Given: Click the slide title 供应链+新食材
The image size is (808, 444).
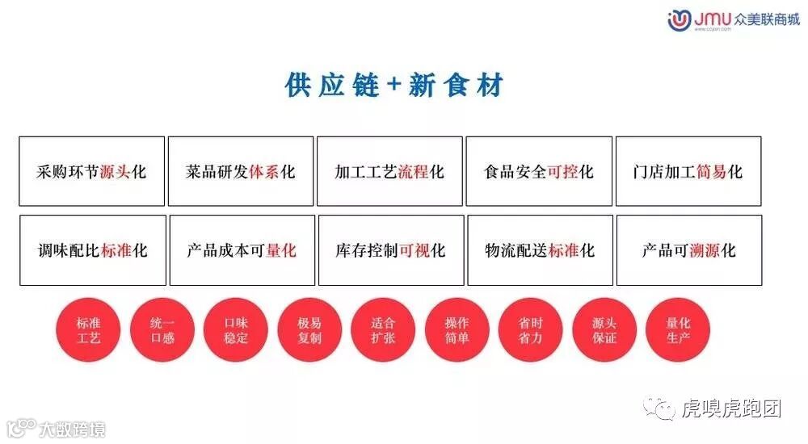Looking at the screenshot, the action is pyautogui.click(x=394, y=85).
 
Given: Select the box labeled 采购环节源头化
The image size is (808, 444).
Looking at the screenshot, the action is pyautogui.click(x=91, y=171).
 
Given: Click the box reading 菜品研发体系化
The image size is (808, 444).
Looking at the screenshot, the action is pyautogui.click(x=241, y=171).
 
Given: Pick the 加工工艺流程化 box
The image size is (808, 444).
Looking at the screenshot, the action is pyautogui.click(x=389, y=171).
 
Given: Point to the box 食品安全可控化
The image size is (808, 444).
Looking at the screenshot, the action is pyautogui.click(x=539, y=171).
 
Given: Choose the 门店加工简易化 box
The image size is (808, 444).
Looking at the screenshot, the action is pyautogui.click(x=688, y=171).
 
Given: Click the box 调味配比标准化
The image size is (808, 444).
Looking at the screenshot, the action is pyautogui.click(x=92, y=250).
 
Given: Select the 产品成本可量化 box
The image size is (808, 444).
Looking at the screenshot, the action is pyautogui.click(x=242, y=250).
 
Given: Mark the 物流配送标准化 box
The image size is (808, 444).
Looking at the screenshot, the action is pyautogui.click(x=540, y=250).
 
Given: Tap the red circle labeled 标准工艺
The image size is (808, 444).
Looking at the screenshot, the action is pyautogui.click(x=88, y=330).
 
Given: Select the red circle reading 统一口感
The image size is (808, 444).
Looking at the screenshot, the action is pyautogui.click(x=162, y=330).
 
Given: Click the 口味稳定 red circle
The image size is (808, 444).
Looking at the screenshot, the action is pyautogui.click(x=236, y=330).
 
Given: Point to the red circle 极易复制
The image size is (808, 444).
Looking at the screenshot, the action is pyautogui.click(x=309, y=330).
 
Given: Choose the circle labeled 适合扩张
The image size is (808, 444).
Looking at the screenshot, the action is pyautogui.click(x=383, y=330).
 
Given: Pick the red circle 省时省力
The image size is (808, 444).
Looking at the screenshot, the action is pyautogui.click(x=531, y=330).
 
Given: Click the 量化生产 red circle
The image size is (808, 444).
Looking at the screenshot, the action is pyautogui.click(x=678, y=330).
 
